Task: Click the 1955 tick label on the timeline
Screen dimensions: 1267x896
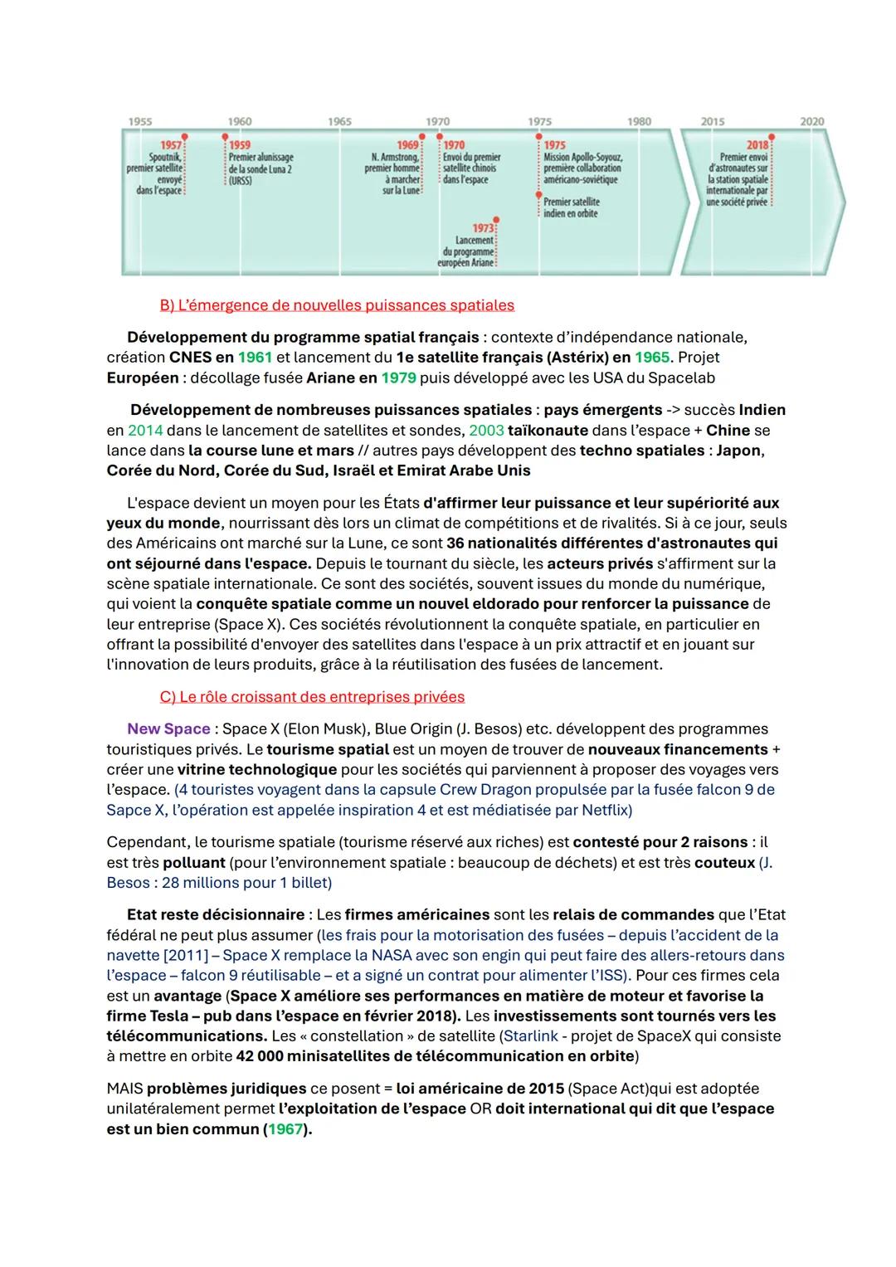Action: pos(140,121)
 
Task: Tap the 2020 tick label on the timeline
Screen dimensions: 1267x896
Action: pos(811,121)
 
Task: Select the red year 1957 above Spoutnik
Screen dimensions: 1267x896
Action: pos(171,145)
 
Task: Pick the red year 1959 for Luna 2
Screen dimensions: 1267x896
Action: pos(240,145)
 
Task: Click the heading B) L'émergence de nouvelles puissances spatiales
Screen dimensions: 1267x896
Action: pos(337,305)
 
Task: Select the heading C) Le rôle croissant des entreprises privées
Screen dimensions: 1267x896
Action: pos(312,697)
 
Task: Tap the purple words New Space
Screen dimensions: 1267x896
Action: pos(168,729)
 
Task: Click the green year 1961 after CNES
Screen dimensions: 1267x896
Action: pos(255,358)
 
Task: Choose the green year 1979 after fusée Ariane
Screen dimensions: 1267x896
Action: pos(398,378)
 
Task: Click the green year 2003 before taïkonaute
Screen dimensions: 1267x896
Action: pos(486,431)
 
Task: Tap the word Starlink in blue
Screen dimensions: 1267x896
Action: pos(531,1036)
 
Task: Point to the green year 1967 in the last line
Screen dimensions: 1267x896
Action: pos(285,1129)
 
